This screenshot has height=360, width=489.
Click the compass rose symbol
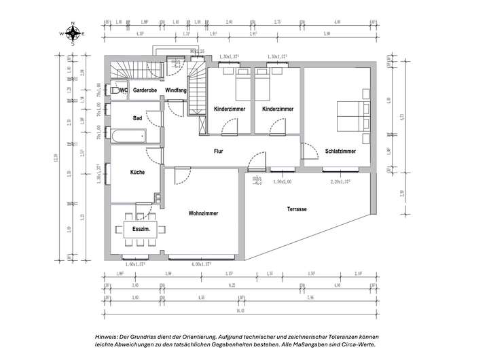click(x=72, y=33)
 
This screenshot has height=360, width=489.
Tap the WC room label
click(x=124, y=90)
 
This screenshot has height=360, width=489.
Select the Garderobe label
click(x=145, y=90)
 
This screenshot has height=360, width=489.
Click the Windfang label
click(x=176, y=90)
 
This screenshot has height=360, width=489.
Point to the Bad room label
click(x=138, y=118)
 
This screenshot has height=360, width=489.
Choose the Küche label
click(x=138, y=173)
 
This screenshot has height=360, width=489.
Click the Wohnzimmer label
click(x=204, y=213)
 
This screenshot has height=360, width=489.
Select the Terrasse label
click(x=296, y=209)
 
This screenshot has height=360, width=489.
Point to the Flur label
click(x=219, y=151)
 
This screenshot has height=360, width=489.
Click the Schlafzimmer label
click(x=340, y=151)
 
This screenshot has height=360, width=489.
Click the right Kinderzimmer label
click(x=278, y=109)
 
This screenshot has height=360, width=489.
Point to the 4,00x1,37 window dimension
click(x=201, y=263)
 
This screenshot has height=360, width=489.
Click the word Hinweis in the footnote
click(x=108, y=337)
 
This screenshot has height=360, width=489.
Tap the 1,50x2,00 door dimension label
click(x=282, y=182)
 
